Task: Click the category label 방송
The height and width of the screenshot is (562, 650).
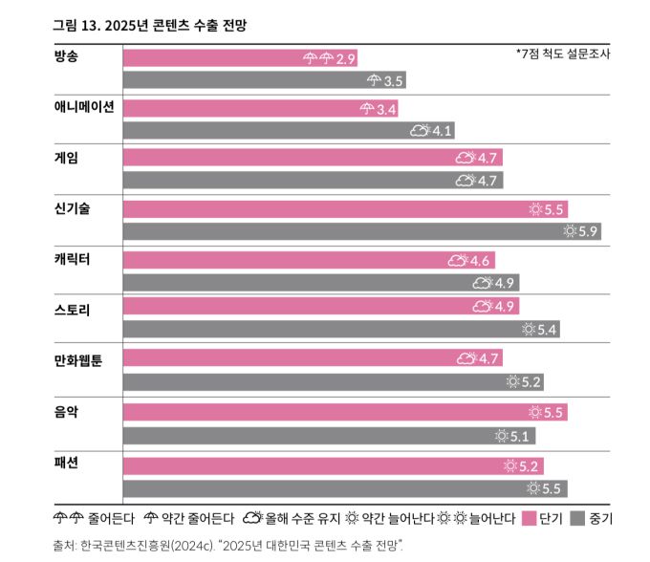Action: click(67, 54)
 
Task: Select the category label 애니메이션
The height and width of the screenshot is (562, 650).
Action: click(84, 106)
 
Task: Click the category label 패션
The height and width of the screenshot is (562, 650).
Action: click(67, 461)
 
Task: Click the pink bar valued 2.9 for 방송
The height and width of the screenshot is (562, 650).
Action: click(210, 58)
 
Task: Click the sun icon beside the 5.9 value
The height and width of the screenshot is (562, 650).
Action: click(570, 230)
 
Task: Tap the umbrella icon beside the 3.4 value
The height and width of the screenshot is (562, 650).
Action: click(367, 109)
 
